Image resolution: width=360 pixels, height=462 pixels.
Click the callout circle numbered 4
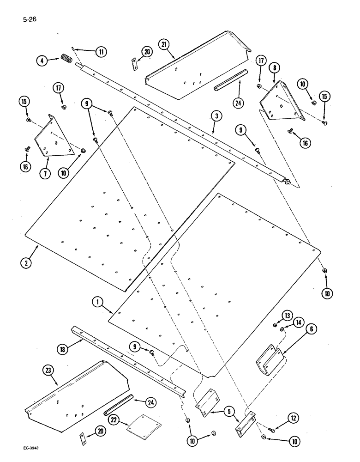(42, 60)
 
